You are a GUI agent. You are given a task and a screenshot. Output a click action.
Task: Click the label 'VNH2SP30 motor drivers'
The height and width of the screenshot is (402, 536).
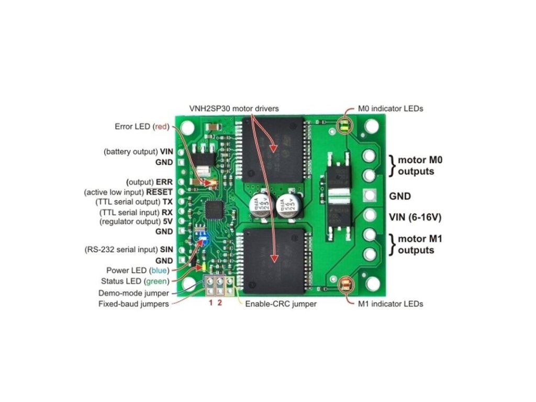coord(233,108)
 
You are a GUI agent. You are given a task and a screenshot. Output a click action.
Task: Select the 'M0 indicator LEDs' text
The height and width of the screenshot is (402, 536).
coord(390,109)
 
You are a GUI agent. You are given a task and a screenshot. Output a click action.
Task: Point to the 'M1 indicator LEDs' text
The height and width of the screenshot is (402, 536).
coord(390,304)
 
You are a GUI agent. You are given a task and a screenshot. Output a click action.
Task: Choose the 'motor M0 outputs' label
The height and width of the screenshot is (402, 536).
coord(420,165)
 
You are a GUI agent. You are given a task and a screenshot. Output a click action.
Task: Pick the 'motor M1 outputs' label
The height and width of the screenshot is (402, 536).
coord(420,244)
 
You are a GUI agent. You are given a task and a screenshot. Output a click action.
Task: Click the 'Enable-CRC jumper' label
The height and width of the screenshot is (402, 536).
coord(281,304)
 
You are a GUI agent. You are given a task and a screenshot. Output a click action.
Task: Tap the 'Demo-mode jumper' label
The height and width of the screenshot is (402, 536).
coord(134,293)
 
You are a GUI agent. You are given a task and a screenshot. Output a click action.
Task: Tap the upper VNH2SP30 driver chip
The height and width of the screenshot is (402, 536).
coord(272,149)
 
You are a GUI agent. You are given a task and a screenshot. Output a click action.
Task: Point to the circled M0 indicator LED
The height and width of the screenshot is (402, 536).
coord(345,126)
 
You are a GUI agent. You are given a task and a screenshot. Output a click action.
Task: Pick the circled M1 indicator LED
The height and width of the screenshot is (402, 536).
coord(346,285)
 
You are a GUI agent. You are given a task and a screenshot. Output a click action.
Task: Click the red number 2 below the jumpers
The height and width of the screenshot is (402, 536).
coord(220,303)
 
